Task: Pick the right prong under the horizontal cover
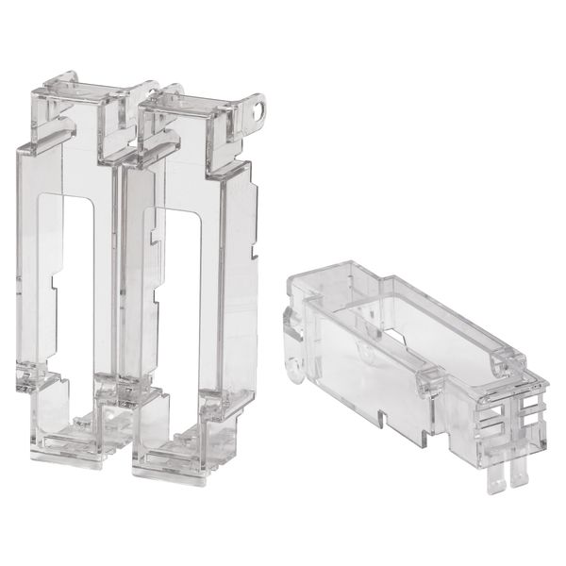[x=517, y=475]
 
